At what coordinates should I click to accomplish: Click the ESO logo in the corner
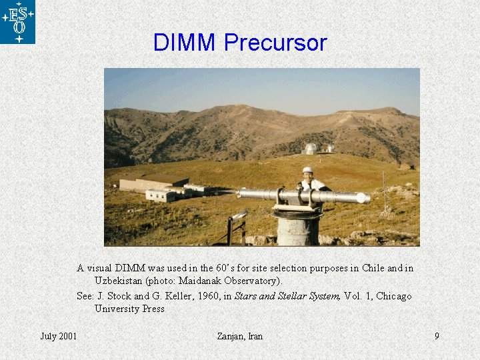[x=18, y=22]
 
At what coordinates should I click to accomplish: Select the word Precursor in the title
[x=275, y=43]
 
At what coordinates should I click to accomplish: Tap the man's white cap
[x=307, y=171]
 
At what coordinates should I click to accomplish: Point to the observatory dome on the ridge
[x=311, y=149]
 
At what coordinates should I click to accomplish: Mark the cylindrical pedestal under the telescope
[x=299, y=227]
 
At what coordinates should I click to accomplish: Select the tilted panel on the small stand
[x=239, y=217]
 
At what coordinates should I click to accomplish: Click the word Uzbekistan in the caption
[x=121, y=281]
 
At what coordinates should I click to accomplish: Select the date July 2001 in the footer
[x=59, y=336]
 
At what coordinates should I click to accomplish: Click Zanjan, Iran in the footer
[x=240, y=336]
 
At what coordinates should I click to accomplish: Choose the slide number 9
[x=437, y=336]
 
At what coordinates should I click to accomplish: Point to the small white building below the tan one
[x=160, y=195]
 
